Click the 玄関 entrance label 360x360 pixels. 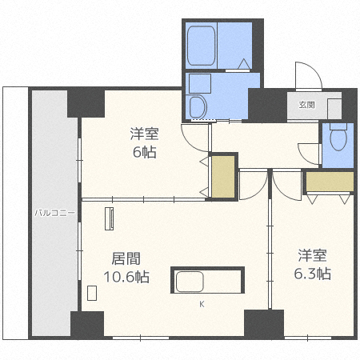tap(306, 105)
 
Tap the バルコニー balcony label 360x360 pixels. tap(54, 213)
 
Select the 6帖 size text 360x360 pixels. tap(144, 152)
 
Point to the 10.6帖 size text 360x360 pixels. tap(126, 277)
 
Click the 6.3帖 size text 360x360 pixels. tap(313, 274)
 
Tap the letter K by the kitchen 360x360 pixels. tap(202, 304)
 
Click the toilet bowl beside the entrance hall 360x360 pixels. tap(338, 137)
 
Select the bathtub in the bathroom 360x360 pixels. tap(201, 46)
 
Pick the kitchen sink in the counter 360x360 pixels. tap(190, 282)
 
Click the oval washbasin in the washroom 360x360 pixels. tap(198, 106)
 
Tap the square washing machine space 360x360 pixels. tap(200, 84)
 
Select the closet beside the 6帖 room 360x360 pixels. tap(223, 177)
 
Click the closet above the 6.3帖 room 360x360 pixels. tap(330, 182)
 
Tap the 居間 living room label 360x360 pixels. tap(126, 258)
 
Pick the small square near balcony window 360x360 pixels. tap(92, 293)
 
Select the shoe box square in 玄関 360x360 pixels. tap(334, 109)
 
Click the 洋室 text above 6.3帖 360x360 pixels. tap(312, 255)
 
